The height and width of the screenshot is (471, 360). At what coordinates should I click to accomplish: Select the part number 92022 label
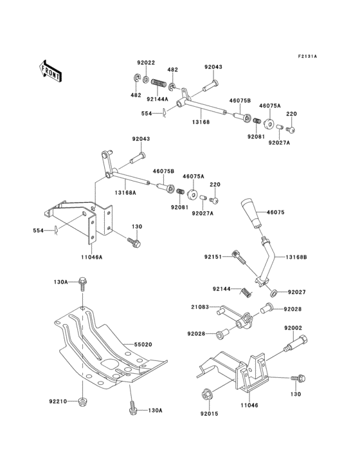tap(146, 62)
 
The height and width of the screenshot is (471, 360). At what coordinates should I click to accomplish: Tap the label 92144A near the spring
tap(157, 99)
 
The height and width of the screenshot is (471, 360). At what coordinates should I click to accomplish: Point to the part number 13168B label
tap(296, 257)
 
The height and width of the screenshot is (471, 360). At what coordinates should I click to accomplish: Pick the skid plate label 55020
tap(143, 344)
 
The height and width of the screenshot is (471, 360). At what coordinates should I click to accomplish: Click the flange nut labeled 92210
tap(82, 403)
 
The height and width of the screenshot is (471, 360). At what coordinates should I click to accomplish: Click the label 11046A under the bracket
tap(92, 255)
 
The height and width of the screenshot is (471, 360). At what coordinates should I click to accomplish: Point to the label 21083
tap(199, 308)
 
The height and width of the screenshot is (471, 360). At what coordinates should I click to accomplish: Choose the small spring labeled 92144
tap(245, 293)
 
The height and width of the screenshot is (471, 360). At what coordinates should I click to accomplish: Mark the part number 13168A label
tap(125, 192)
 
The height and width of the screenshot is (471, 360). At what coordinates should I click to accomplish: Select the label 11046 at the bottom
tap(249, 407)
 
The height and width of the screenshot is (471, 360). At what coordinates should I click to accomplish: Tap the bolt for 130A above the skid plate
tap(82, 283)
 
